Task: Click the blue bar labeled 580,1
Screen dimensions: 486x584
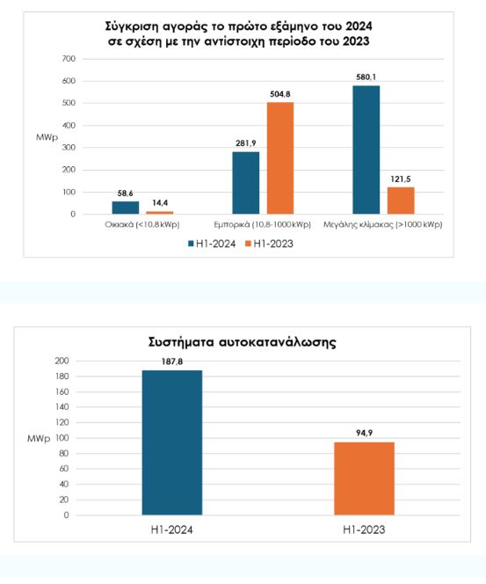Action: (x=366, y=150)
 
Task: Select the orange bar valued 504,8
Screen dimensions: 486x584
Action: (x=280, y=158)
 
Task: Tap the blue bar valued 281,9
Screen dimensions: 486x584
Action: (x=246, y=183)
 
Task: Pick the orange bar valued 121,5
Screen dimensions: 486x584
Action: (x=401, y=201)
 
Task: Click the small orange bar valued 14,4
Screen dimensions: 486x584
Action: (x=160, y=213)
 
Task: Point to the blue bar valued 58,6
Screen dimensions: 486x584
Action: (x=126, y=208)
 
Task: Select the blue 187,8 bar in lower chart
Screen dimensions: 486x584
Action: (x=172, y=443)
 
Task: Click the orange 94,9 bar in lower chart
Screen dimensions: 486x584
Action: (x=365, y=479)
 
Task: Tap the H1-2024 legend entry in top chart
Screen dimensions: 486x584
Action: (x=212, y=244)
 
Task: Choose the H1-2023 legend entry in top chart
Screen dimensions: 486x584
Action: (x=270, y=244)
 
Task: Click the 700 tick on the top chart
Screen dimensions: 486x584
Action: (x=69, y=59)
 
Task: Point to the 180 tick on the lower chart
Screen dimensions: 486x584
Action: (x=62, y=376)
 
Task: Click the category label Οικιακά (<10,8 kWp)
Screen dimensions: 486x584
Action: (x=142, y=224)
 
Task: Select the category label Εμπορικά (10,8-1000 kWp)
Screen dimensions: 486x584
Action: (x=263, y=224)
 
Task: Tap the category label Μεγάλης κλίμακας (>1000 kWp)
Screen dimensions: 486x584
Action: (x=383, y=224)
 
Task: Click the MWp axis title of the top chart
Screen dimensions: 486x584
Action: (x=47, y=137)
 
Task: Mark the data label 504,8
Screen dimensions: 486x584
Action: (x=280, y=94)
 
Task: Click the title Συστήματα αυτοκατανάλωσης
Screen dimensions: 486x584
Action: (x=243, y=342)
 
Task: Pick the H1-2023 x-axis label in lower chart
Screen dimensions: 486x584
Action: (x=364, y=530)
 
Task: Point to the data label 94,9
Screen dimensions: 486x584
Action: (x=365, y=433)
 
